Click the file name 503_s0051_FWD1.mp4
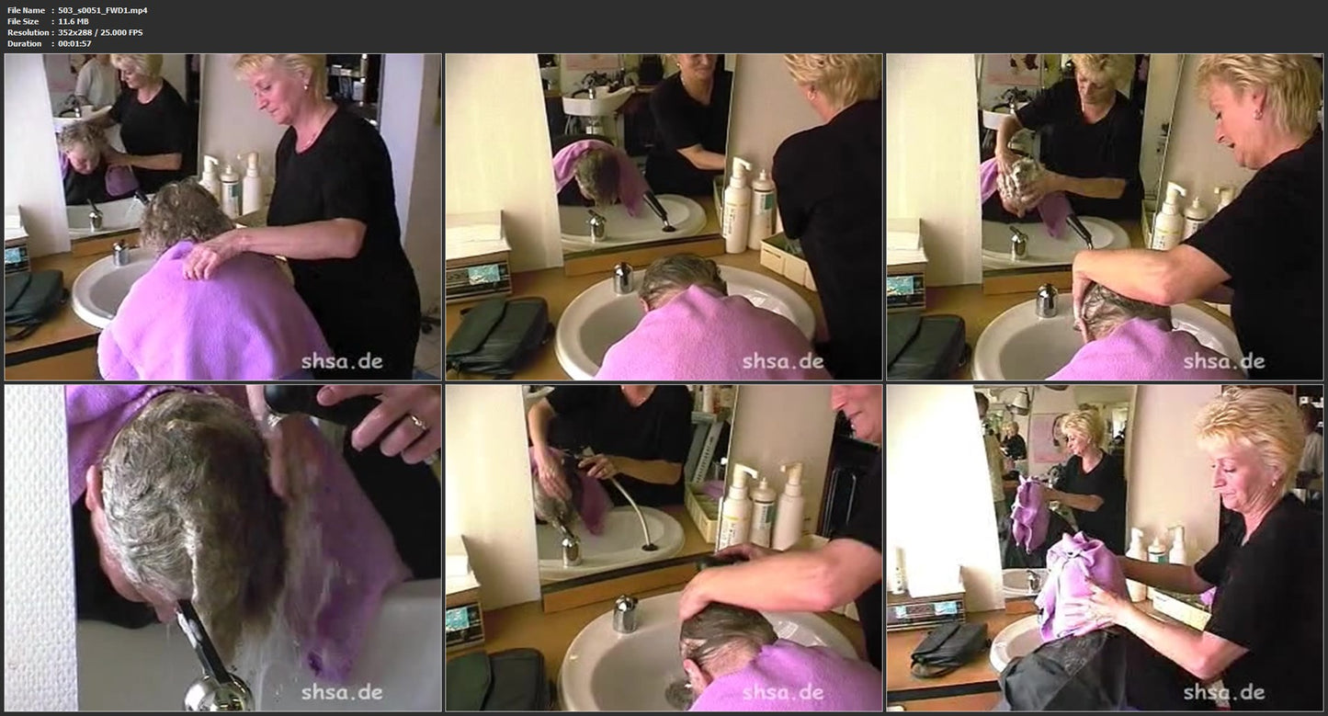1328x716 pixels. tap(103, 10)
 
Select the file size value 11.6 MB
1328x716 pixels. tap(74, 21)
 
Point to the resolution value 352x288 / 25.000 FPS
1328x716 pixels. tap(100, 32)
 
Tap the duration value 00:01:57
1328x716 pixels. tap(74, 44)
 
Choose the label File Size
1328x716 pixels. tap(23, 21)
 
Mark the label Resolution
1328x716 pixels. tap(28, 32)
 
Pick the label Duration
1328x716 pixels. tap(24, 44)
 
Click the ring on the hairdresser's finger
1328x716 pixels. tap(418, 422)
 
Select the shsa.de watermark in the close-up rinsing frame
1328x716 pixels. tap(342, 692)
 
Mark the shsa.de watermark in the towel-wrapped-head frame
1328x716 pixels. tap(1223, 692)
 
